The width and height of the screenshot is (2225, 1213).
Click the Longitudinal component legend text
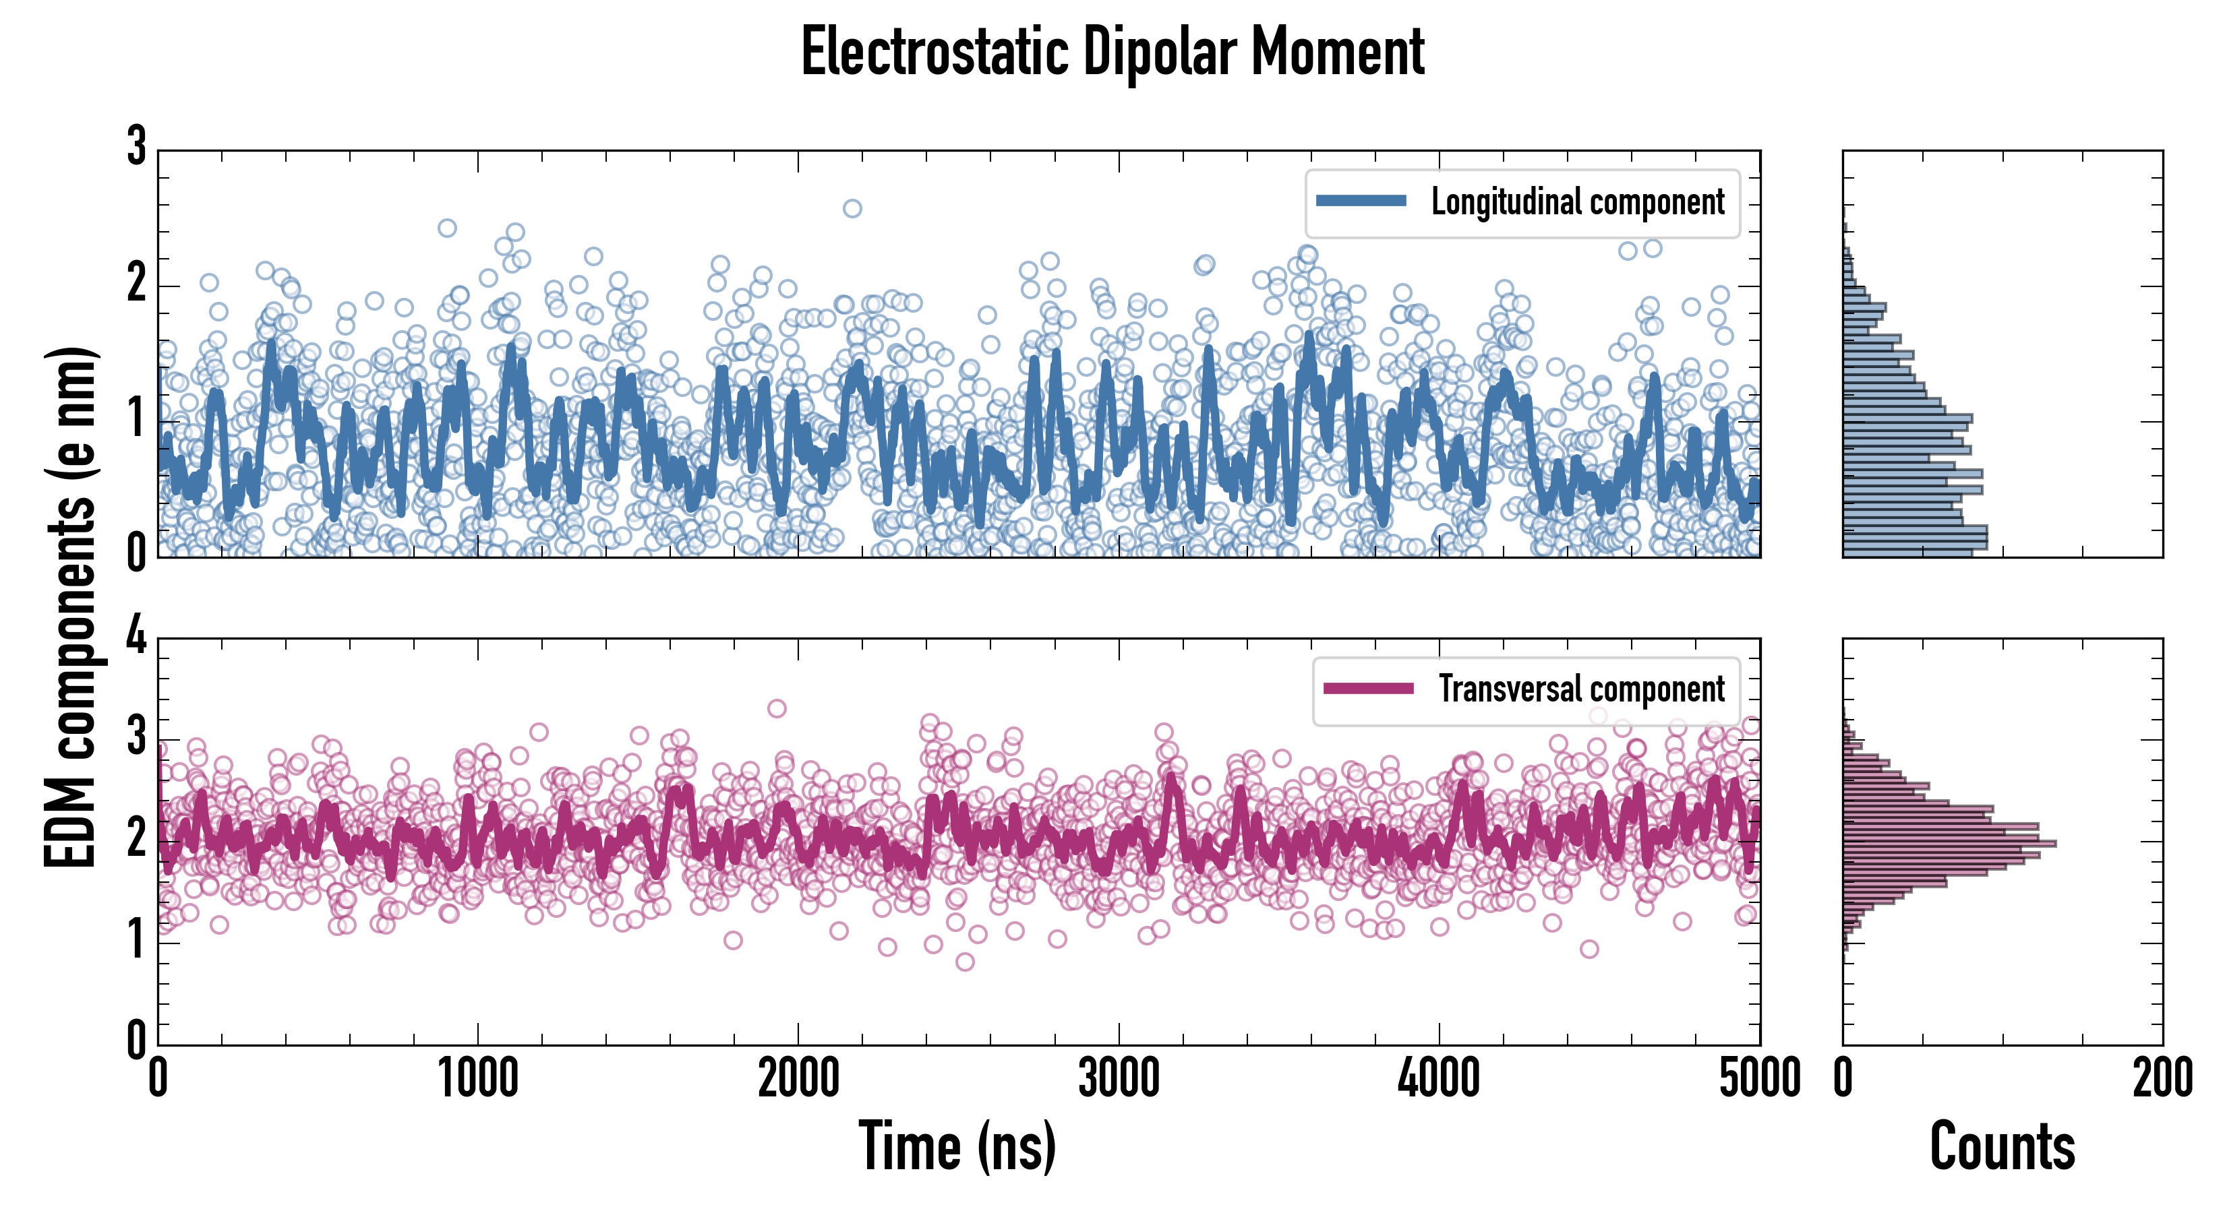click(1577, 202)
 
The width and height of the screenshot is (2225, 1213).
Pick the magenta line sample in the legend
click(1368, 688)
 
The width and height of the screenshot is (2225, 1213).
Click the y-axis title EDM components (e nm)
click(71, 607)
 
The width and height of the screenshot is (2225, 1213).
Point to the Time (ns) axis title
click(957, 1146)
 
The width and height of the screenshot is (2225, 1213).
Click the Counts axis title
click(2001, 1146)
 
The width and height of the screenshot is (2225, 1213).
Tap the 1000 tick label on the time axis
click(477, 1079)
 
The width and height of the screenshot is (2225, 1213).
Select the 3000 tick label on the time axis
click(1119, 1079)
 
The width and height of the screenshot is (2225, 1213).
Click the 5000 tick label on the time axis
click(1760, 1079)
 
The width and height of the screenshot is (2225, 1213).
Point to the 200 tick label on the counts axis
click(2162, 1079)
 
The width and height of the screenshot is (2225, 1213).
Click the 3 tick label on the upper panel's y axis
click(136, 147)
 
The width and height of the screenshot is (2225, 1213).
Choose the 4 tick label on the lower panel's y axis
click(136, 636)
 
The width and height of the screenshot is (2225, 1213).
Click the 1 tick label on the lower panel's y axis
click(136, 939)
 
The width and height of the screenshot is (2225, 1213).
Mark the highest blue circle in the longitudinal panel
click(852, 208)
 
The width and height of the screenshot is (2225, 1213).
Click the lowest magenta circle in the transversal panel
click(965, 962)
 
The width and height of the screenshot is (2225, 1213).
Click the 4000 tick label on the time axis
click(1439, 1079)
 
